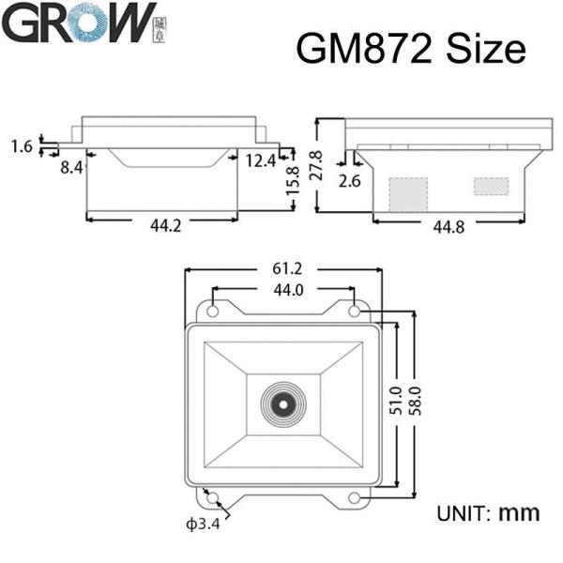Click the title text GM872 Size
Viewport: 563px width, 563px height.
click(x=410, y=48)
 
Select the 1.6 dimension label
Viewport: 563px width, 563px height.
click(x=23, y=146)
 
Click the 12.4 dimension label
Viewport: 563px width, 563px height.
click(x=261, y=160)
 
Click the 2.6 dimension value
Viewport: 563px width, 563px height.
click(x=349, y=180)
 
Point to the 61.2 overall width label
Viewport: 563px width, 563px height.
click(x=283, y=270)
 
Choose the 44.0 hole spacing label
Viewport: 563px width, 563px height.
click(x=283, y=290)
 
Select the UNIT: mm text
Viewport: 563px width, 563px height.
click(x=488, y=513)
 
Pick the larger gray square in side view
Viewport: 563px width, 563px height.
click(x=408, y=193)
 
